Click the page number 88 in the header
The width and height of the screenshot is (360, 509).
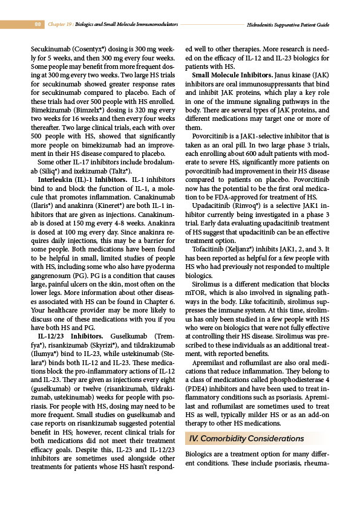(x=38, y=25)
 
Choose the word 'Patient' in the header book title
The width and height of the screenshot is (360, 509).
(x=306, y=25)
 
